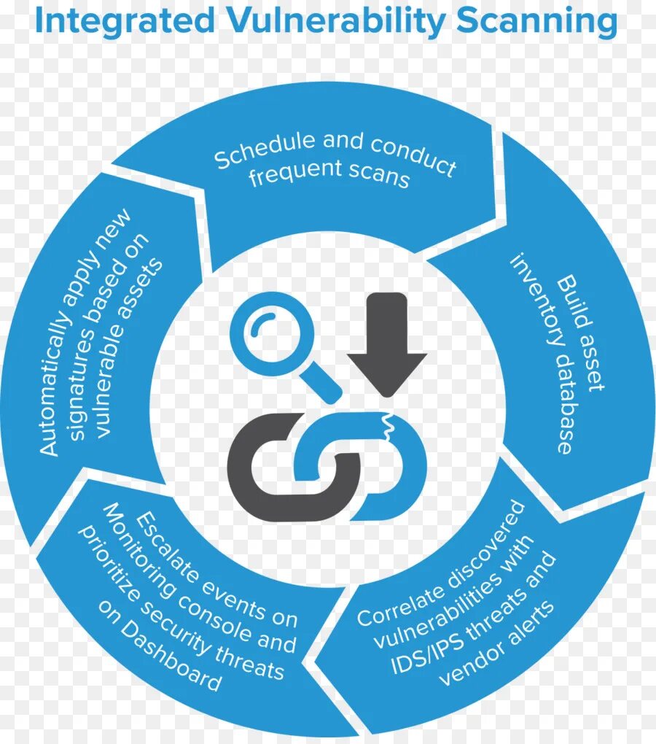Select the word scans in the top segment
(379, 176)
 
